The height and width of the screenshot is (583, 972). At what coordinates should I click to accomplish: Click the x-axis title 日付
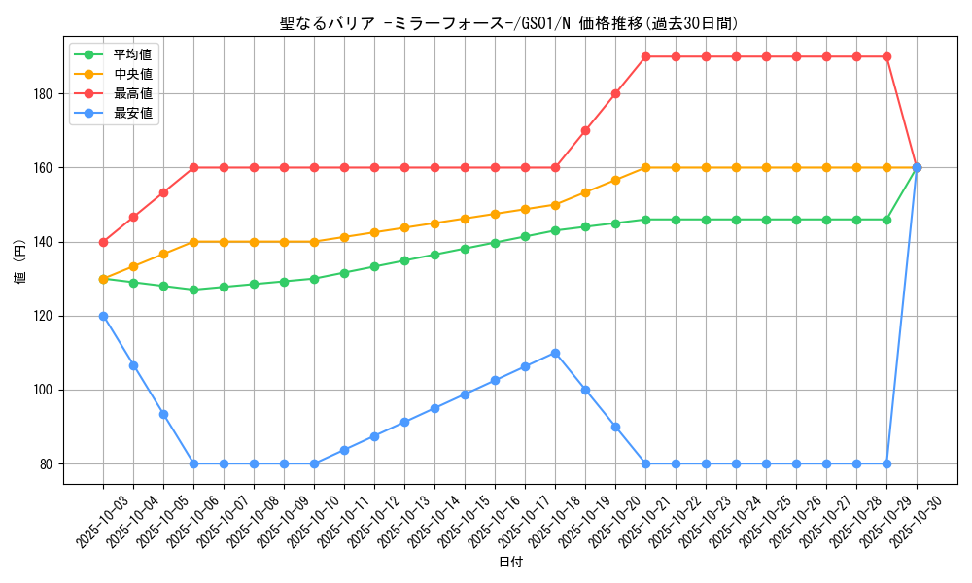[x=510, y=563]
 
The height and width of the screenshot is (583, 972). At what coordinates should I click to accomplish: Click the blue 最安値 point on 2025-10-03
[x=103, y=316]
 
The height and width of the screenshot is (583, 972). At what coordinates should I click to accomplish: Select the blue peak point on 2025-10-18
[x=555, y=353]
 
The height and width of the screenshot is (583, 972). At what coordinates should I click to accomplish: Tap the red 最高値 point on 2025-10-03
[x=103, y=242]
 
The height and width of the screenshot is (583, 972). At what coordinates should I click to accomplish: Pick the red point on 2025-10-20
[x=615, y=94]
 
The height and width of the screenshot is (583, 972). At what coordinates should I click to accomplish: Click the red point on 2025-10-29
[x=886, y=56]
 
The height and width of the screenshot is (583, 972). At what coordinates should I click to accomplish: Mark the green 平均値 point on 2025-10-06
[x=193, y=290]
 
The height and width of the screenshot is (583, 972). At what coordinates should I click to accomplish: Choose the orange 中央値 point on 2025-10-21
[x=645, y=167]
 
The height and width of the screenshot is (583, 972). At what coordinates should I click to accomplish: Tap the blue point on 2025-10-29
[x=886, y=463]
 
